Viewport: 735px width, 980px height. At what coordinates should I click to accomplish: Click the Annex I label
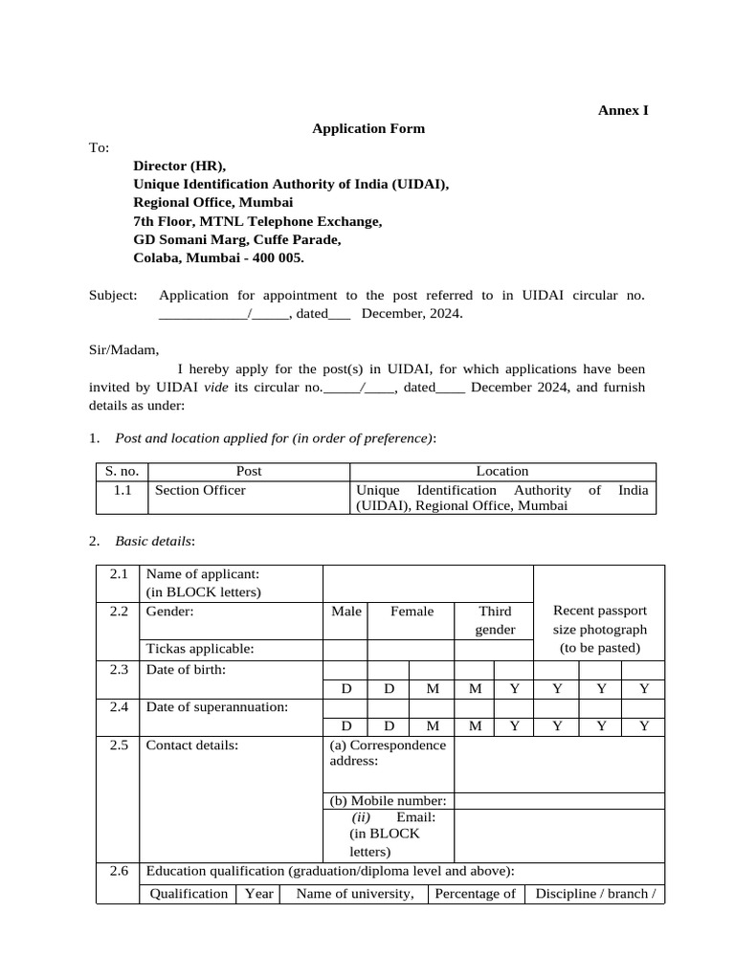(x=623, y=110)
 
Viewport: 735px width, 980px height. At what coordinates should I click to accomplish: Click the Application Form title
(x=368, y=128)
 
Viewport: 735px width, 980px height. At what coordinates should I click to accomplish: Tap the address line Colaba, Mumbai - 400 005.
(x=219, y=257)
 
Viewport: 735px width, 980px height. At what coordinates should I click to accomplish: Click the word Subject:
(x=113, y=296)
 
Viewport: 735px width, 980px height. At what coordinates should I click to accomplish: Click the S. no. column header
(x=122, y=471)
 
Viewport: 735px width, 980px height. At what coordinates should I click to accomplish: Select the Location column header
(x=501, y=471)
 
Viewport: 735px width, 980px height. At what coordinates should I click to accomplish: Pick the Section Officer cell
(x=200, y=490)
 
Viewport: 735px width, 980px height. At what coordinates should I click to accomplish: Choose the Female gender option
(x=412, y=611)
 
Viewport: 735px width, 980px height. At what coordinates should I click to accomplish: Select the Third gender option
(x=495, y=620)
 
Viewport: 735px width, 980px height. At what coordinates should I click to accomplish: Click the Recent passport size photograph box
(x=599, y=629)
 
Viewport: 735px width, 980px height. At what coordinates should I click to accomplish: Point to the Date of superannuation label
(x=216, y=707)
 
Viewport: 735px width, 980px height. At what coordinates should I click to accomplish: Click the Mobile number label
(x=388, y=800)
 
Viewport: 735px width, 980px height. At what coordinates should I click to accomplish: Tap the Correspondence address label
(x=388, y=753)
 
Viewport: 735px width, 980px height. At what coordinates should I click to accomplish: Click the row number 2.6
(x=119, y=871)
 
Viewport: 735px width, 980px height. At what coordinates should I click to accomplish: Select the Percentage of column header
(x=475, y=894)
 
